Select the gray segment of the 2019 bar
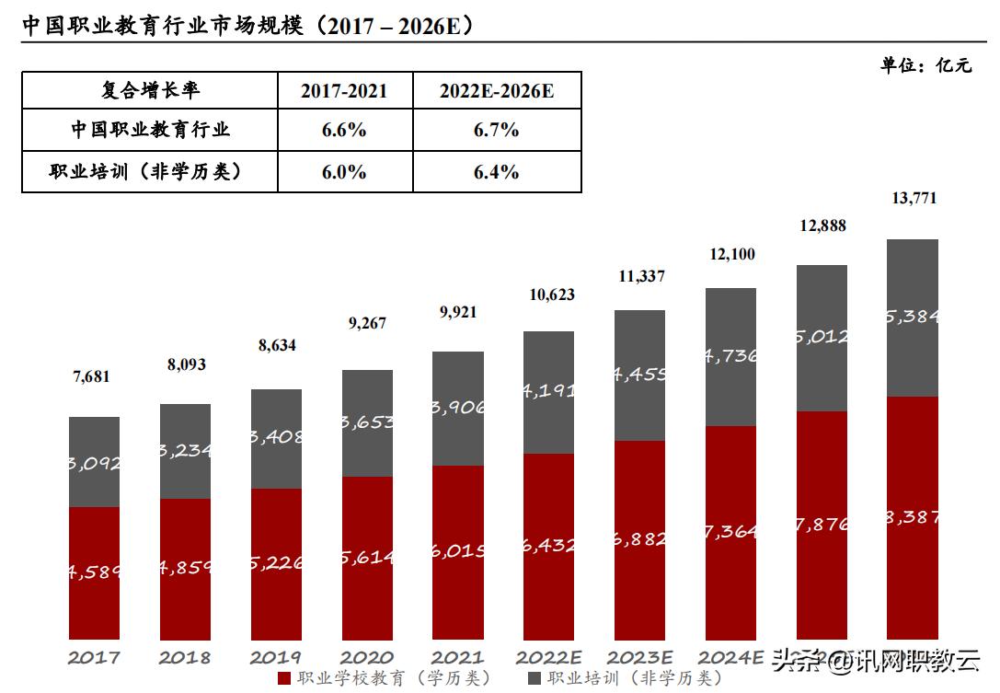pos(276,438)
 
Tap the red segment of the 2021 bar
pos(457,552)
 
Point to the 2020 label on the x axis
pos(367,658)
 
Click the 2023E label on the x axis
pos(640,658)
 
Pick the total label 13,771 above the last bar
pos(914,198)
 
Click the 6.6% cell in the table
pos(345,130)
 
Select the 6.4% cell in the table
pos(497,172)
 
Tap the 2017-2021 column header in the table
pos(345,90)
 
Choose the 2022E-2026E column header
pos(497,90)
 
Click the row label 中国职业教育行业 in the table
pos(150,130)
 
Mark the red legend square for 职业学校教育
pos(284,679)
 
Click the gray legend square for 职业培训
pos(534,679)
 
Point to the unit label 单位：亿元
pos(925,64)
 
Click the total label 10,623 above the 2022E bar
pos(552,295)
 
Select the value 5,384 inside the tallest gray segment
pos(914,317)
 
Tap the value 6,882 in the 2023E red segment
pos(640,539)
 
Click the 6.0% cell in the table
pos(345,172)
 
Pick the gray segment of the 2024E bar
pos(730,357)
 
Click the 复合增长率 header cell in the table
pos(150,90)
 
